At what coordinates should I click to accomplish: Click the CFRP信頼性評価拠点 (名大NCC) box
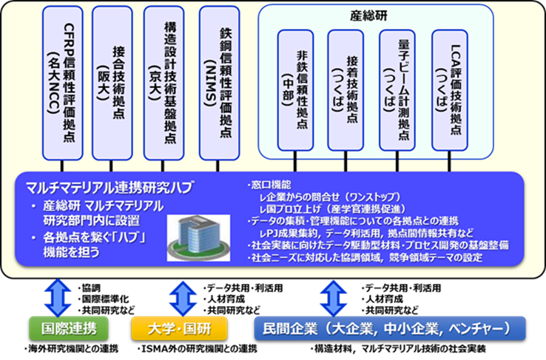(x=63, y=83)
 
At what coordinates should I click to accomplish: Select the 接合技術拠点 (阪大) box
(x=112, y=83)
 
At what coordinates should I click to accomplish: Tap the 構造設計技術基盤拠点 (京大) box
(x=164, y=83)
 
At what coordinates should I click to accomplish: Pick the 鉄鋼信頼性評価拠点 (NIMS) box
(x=220, y=83)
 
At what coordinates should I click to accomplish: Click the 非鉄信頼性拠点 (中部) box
(x=296, y=90)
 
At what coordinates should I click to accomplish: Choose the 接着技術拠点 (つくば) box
(x=346, y=90)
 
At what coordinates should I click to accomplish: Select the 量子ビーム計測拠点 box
(x=397, y=90)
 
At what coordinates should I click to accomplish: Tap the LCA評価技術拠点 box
(x=450, y=90)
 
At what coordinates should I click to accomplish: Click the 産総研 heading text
(x=368, y=16)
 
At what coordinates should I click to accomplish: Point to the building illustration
(x=198, y=238)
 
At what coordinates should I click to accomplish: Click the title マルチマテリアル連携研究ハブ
(x=109, y=188)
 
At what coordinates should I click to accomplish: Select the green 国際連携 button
(x=69, y=328)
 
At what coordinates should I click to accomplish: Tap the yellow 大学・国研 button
(x=179, y=328)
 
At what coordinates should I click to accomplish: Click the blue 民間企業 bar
(x=390, y=328)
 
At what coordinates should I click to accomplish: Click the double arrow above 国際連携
(x=58, y=298)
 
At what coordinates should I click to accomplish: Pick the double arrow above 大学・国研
(x=183, y=299)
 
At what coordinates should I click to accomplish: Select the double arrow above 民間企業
(x=334, y=299)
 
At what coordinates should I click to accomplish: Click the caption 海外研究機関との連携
(x=71, y=349)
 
